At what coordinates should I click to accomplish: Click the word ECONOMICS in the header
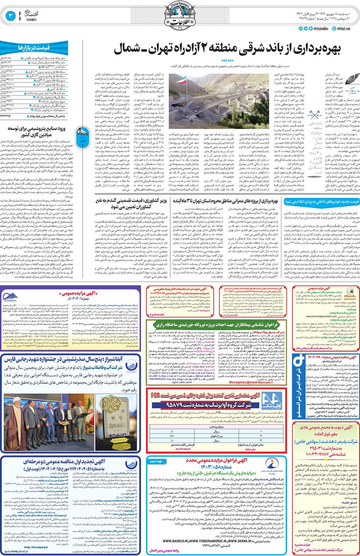[x=31, y=19]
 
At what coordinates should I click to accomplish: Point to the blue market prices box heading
[x=34, y=48]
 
